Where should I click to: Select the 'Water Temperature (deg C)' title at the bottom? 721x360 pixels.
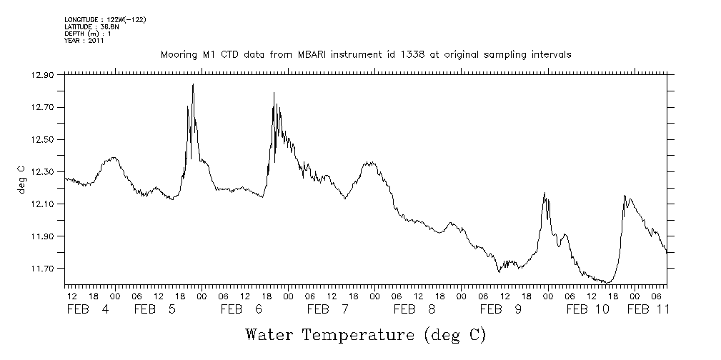(366, 334)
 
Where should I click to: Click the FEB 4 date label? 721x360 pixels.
(89, 309)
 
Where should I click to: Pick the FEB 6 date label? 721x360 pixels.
(243, 309)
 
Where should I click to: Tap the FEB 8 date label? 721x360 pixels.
(415, 309)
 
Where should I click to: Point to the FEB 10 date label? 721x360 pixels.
(587, 309)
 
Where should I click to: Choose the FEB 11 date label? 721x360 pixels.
(648, 309)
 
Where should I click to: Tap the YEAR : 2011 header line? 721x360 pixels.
(84, 41)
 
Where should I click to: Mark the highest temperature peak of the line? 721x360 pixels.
(193, 85)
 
